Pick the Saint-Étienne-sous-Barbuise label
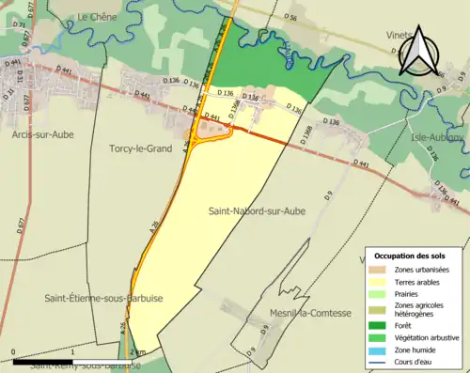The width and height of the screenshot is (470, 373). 103,298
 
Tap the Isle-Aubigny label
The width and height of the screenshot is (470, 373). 437,137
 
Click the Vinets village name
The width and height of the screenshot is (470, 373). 399,35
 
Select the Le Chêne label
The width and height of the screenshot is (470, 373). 95,17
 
